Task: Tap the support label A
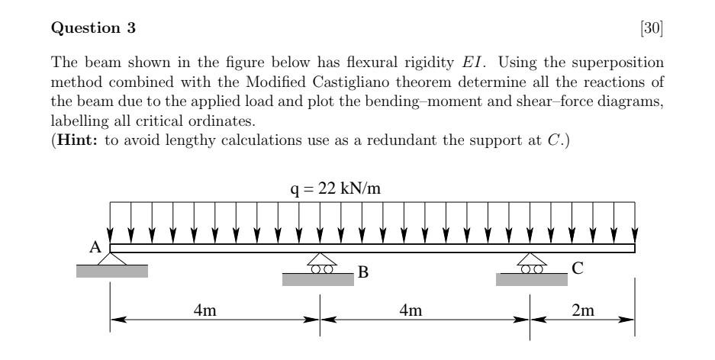[x=96, y=246]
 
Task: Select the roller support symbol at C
[x=531, y=263]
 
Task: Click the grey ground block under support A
[x=112, y=270]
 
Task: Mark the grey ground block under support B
[x=318, y=280]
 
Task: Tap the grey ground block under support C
[x=532, y=280]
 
